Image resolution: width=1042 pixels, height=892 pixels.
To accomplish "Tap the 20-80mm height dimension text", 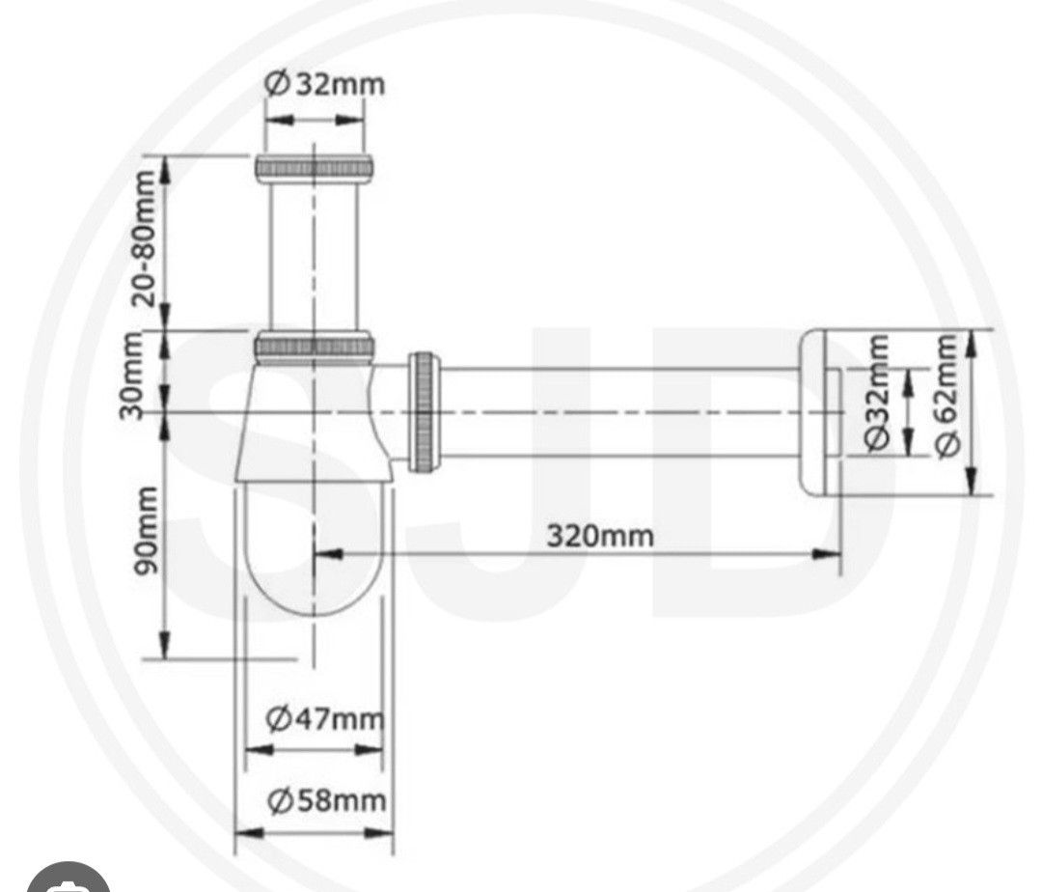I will [x=145, y=237].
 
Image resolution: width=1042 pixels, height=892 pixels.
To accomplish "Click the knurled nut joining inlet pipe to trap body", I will [x=315, y=346].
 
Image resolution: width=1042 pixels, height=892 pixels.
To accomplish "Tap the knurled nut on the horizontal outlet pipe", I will [x=424, y=412].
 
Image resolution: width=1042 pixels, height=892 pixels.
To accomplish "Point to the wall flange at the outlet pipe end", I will [x=818, y=412].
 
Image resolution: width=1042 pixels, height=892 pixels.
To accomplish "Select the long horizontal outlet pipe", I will [x=617, y=412].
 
